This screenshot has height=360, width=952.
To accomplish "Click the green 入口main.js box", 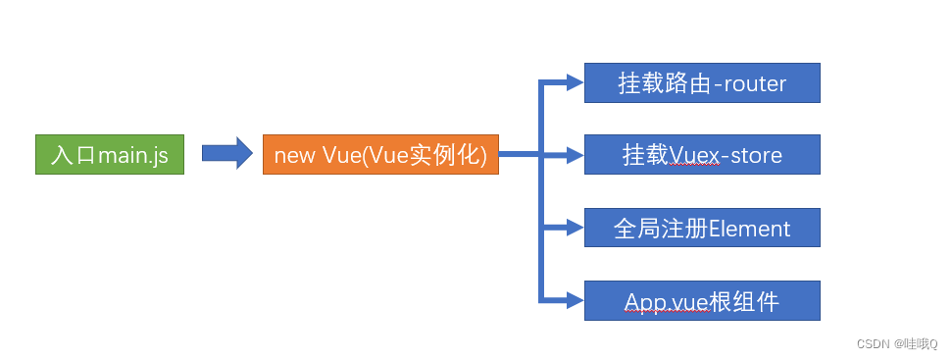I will click(x=110, y=155).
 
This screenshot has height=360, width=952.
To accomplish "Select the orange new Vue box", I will click(x=380, y=155).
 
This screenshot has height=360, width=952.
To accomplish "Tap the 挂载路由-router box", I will click(x=702, y=83).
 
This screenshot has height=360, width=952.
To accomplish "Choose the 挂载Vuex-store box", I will click(x=702, y=155).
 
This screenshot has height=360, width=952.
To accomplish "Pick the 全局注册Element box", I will click(x=702, y=228).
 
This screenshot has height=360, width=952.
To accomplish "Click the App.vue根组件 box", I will click(x=702, y=300).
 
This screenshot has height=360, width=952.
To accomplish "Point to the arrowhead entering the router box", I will click(x=576, y=83).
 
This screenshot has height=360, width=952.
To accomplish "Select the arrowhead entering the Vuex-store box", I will click(x=576, y=155).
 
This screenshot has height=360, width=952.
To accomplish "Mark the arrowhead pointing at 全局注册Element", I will click(x=576, y=228).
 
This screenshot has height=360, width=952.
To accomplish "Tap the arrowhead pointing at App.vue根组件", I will click(x=576, y=300).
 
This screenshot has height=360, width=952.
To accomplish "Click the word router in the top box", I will click(x=755, y=84).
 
